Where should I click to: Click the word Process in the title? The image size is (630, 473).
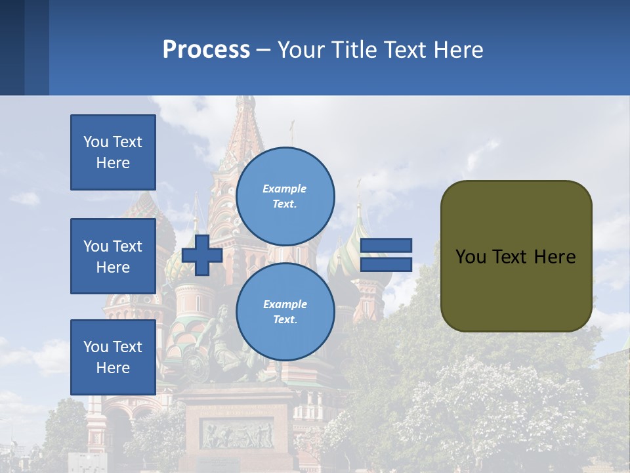206,49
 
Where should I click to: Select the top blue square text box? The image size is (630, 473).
113,152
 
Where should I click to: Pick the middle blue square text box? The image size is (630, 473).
113,256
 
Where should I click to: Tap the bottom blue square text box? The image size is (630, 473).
113,357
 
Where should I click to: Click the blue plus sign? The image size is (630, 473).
202,255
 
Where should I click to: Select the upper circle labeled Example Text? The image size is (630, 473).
285,196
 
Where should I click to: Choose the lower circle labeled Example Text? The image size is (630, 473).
285,311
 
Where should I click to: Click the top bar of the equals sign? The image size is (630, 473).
386,246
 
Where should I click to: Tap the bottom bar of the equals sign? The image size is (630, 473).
386,265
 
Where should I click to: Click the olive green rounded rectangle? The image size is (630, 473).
516,289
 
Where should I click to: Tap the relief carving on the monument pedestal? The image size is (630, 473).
236,434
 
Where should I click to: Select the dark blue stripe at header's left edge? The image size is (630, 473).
12,47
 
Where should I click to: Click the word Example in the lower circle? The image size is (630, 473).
285,304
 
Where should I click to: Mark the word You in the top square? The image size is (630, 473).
95,142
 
